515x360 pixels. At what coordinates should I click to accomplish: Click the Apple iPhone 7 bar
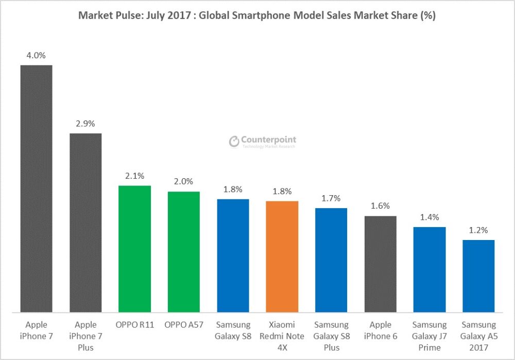point(36,188)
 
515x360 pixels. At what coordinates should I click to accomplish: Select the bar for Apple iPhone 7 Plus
point(85,222)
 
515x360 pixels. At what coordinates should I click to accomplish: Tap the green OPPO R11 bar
point(134,249)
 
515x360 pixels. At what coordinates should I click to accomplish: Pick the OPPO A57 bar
point(184,252)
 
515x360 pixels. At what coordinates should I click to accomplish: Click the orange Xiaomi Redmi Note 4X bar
point(282,256)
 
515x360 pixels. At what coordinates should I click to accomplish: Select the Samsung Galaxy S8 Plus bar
point(331,260)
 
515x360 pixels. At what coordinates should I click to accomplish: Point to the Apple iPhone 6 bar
point(380,264)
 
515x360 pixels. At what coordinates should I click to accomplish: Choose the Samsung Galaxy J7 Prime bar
point(430,269)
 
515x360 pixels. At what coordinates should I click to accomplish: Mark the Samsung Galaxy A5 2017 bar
point(478,276)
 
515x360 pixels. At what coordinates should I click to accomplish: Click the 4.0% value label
point(36,55)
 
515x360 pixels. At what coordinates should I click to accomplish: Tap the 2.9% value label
point(85,124)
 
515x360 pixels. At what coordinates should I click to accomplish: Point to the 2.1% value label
point(134,176)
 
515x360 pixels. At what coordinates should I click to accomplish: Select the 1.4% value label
point(430,217)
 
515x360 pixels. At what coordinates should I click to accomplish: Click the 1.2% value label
point(478,230)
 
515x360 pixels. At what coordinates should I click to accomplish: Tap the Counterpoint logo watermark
point(263,142)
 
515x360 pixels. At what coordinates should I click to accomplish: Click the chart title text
point(257,15)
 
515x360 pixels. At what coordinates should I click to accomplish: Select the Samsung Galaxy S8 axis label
point(233,331)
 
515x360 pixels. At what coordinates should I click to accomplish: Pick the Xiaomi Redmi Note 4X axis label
point(282,336)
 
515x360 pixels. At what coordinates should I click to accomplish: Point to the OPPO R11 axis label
point(134,325)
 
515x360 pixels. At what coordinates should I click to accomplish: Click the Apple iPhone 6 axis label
point(380,331)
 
